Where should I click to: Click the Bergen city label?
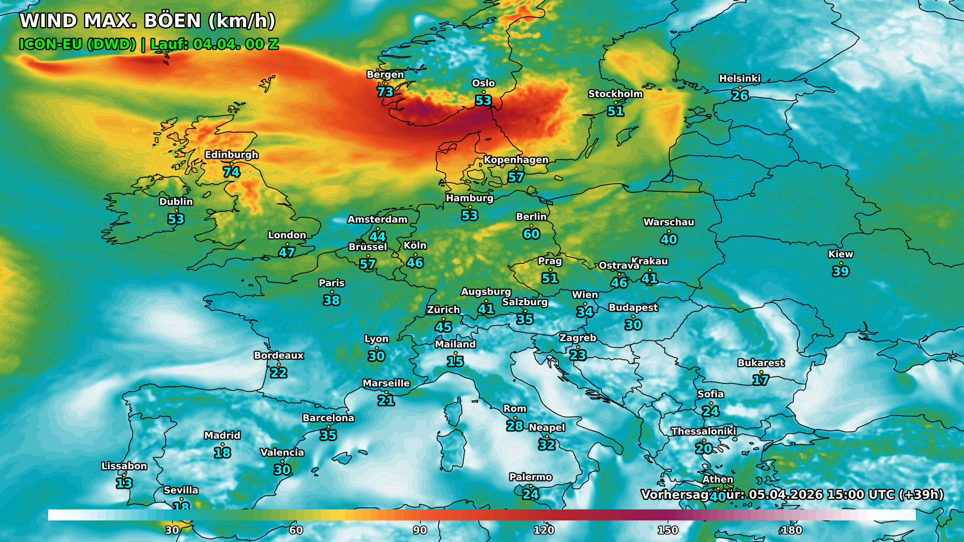tap(385, 74)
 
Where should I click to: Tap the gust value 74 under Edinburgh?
tap(231, 172)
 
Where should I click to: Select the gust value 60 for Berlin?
tap(531, 234)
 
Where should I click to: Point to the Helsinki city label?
tap(740, 78)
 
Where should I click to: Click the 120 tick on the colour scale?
tap(544, 530)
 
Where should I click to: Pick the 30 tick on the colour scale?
tap(172, 530)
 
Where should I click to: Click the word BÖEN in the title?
tap(173, 21)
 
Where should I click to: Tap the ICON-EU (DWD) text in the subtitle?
tap(77, 44)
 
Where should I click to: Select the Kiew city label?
tap(840, 254)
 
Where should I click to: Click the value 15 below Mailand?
tap(455, 361)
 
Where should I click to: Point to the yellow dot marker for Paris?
tap(332, 292)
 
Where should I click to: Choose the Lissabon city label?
tap(124, 466)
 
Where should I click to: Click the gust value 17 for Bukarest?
tap(761, 380)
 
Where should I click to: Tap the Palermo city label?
tap(530, 477)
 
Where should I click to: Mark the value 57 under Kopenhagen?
tap(516, 177)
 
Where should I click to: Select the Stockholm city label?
tap(615, 94)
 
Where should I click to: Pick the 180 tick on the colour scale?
tap(792, 530)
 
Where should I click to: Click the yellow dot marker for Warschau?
tap(669, 231)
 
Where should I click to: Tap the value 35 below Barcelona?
tap(328, 435)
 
